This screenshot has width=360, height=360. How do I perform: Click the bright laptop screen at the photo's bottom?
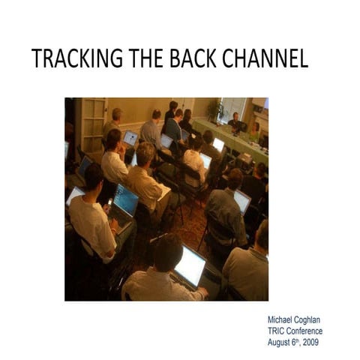click(190, 266)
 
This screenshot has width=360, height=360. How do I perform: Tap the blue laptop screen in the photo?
click(125, 199)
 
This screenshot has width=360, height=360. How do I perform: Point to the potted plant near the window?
click(218, 111)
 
